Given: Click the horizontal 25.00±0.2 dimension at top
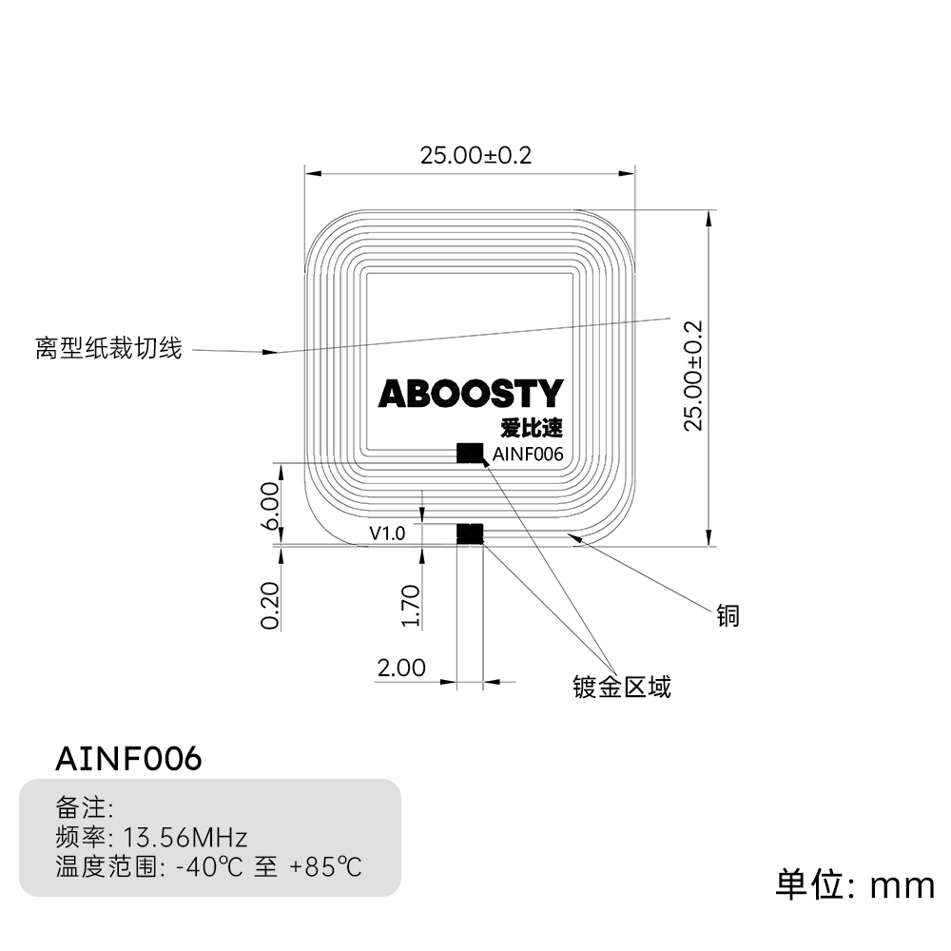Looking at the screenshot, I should click(x=475, y=155).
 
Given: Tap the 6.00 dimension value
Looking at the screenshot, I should click(x=270, y=506).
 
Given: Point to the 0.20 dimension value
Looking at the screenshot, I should click(x=270, y=605).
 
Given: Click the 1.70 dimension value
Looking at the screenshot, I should click(x=411, y=605).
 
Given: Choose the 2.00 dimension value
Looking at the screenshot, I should click(x=401, y=669).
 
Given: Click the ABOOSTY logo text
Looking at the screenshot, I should click(x=471, y=394).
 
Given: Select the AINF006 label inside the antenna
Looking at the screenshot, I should click(x=528, y=455).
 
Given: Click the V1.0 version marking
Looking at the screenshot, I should click(x=387, y=534).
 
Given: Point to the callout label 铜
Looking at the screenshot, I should click(x=728, y=616).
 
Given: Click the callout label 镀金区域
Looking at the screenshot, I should click(x=622, y=687).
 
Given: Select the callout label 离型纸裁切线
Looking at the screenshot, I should click(x=108, y=348).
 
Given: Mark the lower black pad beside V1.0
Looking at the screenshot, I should click(x=470, y=534).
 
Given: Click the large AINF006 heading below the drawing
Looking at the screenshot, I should click(x=128, y=759).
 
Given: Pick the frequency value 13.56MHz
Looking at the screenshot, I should click(x=187, y=838).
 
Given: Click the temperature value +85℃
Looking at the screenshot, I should click(x=326, y=867).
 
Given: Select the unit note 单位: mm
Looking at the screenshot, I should click(x=855, y=885).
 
